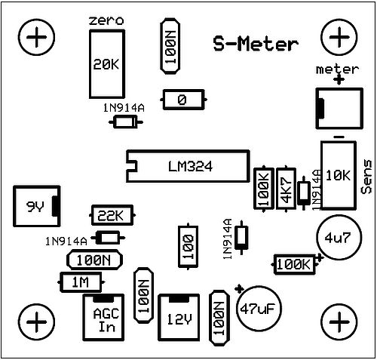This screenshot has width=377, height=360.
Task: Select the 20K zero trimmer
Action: click(107, 64)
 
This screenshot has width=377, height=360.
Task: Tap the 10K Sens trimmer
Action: click(339, 175)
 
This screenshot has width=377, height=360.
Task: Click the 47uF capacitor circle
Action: click(259, 308)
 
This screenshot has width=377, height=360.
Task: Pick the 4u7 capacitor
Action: click(339, 237)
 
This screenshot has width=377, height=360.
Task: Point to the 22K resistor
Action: click(112, 215)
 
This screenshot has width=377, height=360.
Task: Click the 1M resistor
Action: click(81, 282)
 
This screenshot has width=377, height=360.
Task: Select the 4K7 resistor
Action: click(286, 189)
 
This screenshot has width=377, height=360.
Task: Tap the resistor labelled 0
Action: click(183, 100)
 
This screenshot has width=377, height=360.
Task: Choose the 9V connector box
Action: click(37, 206)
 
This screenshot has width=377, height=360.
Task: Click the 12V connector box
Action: click(179, 318)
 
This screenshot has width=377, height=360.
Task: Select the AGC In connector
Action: click(103, 318)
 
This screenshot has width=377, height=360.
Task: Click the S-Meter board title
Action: click(256, 45)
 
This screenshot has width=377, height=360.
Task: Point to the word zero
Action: click(106, 20)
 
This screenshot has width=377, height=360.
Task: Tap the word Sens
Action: click(366, 177)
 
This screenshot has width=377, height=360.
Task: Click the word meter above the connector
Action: click(337, 69)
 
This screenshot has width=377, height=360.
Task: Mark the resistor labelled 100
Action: click(188, 247)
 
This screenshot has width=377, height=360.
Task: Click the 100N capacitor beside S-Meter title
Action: click(170, 46)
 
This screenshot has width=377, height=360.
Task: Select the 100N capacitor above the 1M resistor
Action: click(94, 260)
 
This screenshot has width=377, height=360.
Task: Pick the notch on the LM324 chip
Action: click(132, 166)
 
